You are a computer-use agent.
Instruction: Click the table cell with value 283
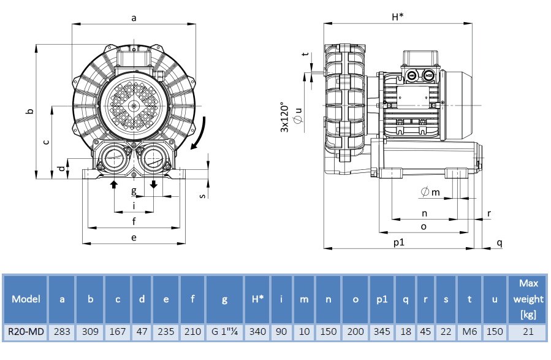(x=62, y=332)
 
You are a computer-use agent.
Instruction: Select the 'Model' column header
(x=26, y=299)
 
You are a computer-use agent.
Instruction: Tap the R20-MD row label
(x=26, y=332)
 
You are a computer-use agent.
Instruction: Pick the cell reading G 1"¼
(x=224, y=332)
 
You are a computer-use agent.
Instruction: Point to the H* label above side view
(x=397, y=17)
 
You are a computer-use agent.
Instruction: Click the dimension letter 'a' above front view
(x=134, y=18)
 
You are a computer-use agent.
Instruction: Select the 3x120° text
(x=284, y=117)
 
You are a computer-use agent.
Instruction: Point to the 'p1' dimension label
(x=399, y=242)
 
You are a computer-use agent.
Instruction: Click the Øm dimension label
(x=430, y=193)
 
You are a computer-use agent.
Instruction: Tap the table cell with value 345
(x=382, y=332)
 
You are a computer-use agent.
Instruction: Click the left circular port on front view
(x=114, y=158)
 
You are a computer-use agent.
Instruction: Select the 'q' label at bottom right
(x=500, y=242)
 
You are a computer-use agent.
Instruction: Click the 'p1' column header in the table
(x=382, y=299)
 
